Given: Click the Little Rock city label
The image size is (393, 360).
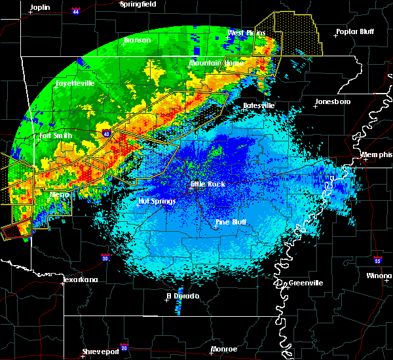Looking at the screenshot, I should (208, 184).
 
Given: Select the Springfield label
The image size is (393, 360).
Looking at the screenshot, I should (138, 4).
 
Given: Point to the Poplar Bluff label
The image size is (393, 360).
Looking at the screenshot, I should (354, 31).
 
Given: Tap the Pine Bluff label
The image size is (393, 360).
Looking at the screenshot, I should (231, 223).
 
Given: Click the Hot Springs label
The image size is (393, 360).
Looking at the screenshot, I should (157, 201).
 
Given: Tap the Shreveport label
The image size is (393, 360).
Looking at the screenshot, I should (100, 352).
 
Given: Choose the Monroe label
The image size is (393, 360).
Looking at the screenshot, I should (224, 349).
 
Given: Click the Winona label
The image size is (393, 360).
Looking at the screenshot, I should (381, 276).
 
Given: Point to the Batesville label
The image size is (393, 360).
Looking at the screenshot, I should (259, 105).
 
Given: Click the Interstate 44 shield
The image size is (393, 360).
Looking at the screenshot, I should (76, 11).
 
